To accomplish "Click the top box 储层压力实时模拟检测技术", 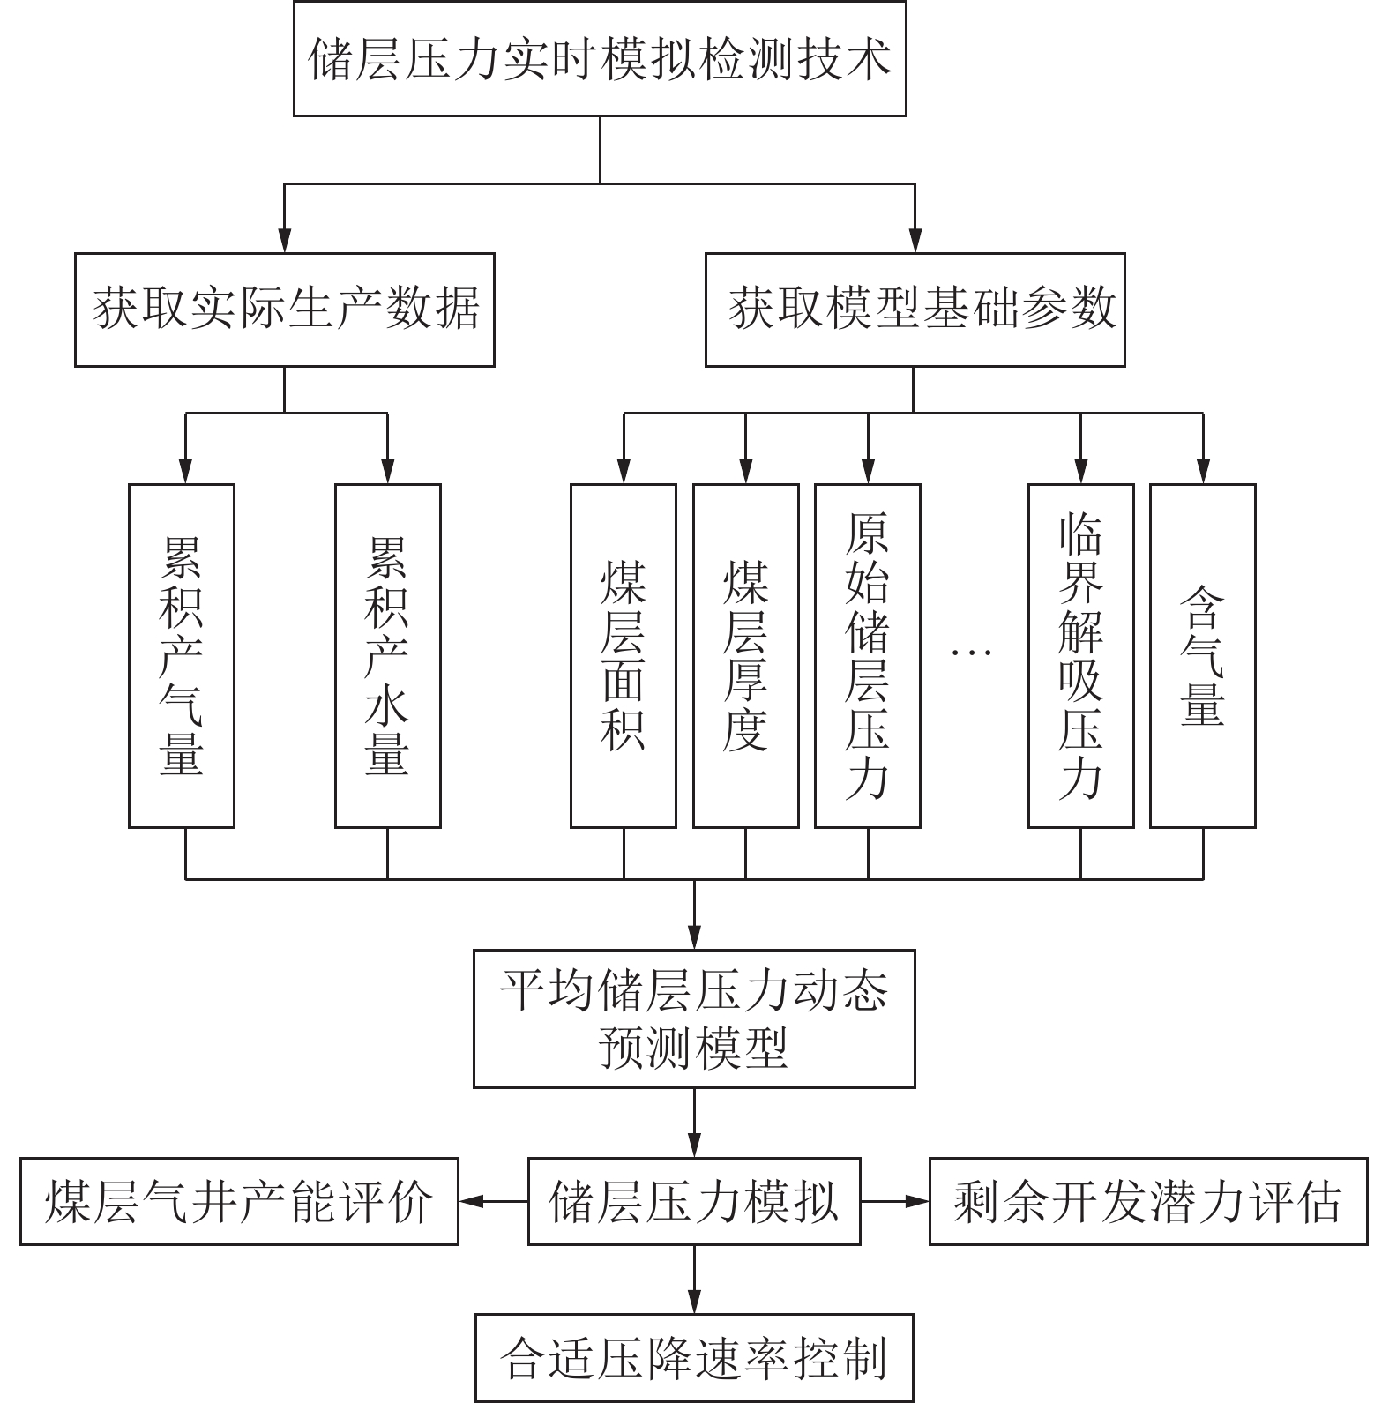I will pos(600,59).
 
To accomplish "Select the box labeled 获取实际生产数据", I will pos(284,310).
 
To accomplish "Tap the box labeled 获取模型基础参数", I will pos(915,310).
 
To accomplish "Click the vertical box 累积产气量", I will pos(182,655).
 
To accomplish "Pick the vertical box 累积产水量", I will pos(387,655).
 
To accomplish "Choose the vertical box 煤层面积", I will pos(624,655).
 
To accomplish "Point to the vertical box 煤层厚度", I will pos(745,655).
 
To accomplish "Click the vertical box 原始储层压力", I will pos(868,655).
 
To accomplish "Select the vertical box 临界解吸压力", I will pos(1080,655).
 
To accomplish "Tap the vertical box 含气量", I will pos(1202,655).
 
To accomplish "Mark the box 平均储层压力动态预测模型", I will pos(694,1019).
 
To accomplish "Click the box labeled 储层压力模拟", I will pos(694,1201).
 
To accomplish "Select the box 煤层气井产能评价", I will pos(239,1201).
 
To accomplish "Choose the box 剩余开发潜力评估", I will pos(1148,1201).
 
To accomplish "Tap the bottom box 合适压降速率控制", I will pos(694,1358).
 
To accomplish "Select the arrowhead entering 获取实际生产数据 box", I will pos(284,242).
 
